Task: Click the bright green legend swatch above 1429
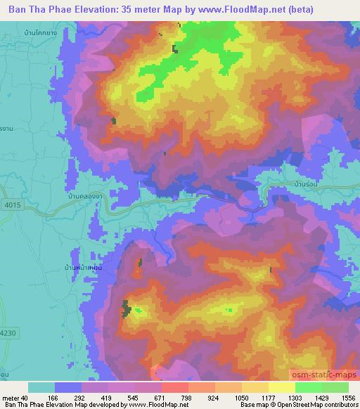[309, 387]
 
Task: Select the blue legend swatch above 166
[68, 387]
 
